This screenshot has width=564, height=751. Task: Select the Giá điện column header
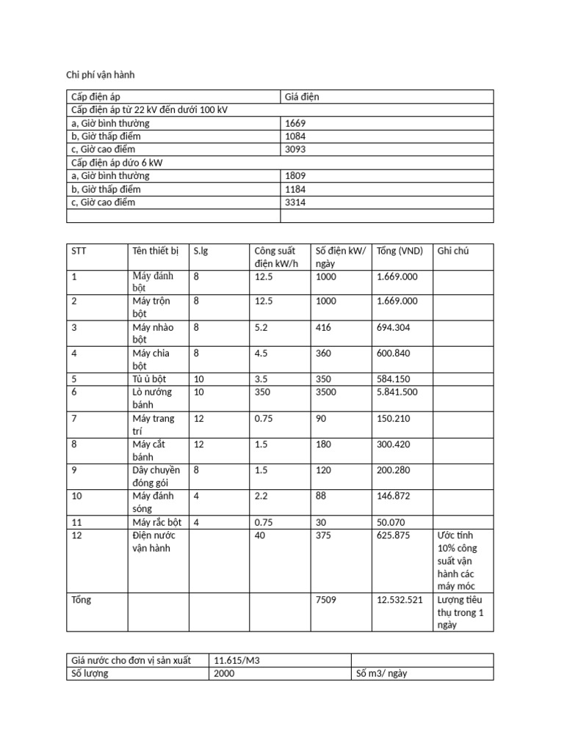[302, 97]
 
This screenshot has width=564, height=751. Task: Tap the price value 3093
[295, 150]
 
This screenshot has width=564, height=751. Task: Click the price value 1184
[295, 189]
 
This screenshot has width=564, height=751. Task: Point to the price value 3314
[295, 202]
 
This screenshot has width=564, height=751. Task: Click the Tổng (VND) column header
[399, 251]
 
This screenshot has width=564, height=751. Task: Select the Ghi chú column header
[453, 251]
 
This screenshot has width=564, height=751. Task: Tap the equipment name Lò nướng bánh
[153, 398]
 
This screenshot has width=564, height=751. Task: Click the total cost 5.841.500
[397, 392]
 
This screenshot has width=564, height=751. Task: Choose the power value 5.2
[263, 327]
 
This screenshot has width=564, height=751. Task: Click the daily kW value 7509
[325, 600]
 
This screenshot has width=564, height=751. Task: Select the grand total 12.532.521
[399, 600]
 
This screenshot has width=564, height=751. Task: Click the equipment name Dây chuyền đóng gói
[156, 476]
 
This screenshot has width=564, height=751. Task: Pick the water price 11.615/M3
[238, 660]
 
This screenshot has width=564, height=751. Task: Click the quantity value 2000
[224, 673]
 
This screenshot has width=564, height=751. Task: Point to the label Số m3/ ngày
[382, 673]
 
